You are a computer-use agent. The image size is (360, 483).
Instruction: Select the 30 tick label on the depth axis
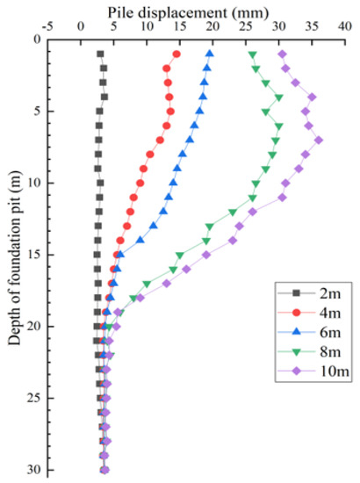[40, 470]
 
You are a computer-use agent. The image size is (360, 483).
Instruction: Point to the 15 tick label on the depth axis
[40, 255]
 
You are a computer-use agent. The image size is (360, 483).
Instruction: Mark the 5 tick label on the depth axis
[44, 111]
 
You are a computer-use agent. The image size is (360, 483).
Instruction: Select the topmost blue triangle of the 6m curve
[209, 54]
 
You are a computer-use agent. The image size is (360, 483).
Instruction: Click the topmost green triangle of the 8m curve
[253, 55]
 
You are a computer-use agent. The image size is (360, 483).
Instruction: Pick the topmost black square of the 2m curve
[101, 54]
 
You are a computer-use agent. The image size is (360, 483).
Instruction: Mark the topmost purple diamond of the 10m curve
[282, 54]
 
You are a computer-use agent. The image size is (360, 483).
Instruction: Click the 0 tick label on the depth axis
[44, 40]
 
